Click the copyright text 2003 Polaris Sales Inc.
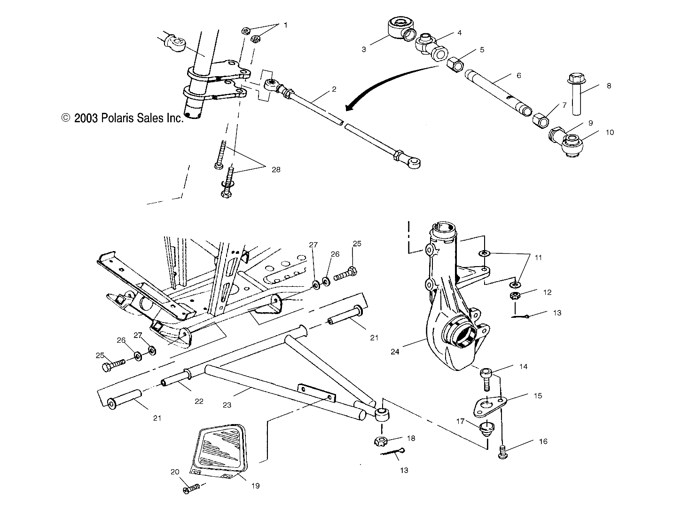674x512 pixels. click(x=122, y=118)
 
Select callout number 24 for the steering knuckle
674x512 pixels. click(x=395, y=351)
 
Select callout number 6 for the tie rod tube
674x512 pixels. click(x=519, y=75)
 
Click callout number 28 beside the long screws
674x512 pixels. click(x=275, y=169)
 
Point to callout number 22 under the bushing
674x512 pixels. click(x=199, y=401)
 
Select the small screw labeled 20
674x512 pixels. click(x=192, y=489)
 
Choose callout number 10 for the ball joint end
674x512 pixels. click(x=609, y=133)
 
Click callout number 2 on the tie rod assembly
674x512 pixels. click(x=334, y=88)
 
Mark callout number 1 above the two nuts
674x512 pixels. click(x=285, y=24)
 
